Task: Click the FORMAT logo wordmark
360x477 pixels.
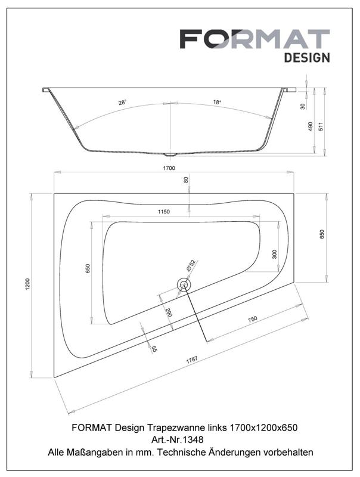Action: point(255,39)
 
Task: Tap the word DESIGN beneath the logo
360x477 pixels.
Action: point(307,57)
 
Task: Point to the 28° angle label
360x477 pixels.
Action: point(122,103)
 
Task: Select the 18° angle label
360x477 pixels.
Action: point(217,102)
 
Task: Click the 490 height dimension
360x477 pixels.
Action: point(310,126)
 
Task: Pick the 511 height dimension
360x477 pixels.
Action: point(321,126)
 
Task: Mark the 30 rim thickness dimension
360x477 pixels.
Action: point(303,106)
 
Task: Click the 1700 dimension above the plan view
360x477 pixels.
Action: point(169,168)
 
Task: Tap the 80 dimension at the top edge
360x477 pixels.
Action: point(186,180)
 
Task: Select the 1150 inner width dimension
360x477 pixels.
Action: point(163,212)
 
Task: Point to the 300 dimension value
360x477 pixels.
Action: point(275,254)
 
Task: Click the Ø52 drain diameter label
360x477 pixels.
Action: point(191,265)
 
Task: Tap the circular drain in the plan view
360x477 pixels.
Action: point(184,285)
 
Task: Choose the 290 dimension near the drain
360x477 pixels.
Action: point(169,312)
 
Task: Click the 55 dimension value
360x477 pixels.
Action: point(154,349)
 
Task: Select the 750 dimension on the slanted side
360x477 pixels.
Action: point(252,319)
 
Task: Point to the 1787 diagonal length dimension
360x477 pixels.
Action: point(191,360)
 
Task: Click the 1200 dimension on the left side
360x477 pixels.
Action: point(27,284)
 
